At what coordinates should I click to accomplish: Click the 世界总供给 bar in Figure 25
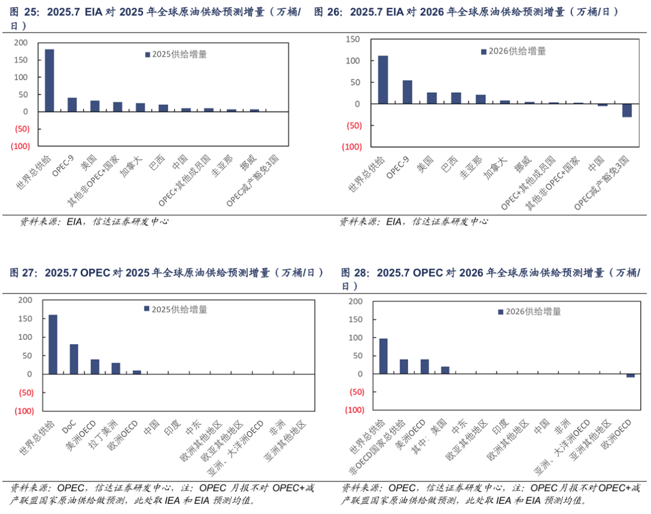(49, 80)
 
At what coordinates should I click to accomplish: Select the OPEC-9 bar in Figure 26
(407, 92)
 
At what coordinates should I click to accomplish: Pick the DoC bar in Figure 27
(74, 359)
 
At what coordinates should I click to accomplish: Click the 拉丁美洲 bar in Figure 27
(116, 368)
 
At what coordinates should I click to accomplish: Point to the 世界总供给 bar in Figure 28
(383, 356)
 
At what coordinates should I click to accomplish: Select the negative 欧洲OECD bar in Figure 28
(631, 375)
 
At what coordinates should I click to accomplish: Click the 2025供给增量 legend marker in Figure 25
(147, 54)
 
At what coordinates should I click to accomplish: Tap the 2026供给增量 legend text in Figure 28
(533, 312)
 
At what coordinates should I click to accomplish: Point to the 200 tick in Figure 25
(20, 43)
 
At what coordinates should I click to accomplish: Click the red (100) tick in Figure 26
(351, 146)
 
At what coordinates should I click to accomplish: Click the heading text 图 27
(24, 272)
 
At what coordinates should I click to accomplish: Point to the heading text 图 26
(328, 11)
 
